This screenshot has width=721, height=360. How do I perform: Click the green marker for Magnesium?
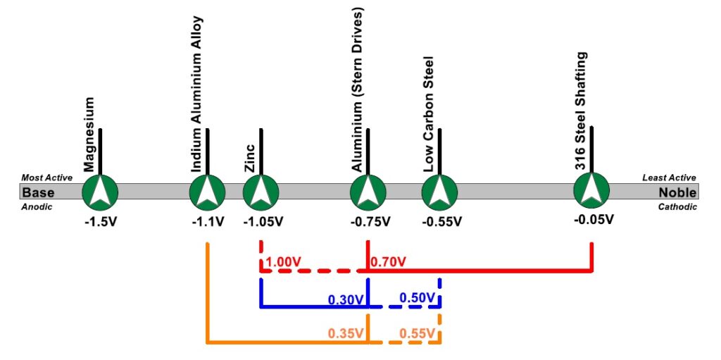[100, 191]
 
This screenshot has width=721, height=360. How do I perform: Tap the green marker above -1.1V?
[208, 191]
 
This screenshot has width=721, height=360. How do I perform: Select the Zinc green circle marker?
[261, 191]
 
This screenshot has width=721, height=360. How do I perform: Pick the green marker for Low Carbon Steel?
[440, 191]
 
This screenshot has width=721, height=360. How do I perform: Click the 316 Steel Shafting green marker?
[591, 191]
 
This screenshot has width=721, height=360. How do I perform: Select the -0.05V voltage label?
[594, 219]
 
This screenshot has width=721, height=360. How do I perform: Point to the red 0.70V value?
[388, 263]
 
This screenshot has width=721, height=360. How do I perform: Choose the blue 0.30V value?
[346, 299]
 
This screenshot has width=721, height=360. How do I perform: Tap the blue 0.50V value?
[418, 298]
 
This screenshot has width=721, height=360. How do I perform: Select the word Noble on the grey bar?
[677, 192]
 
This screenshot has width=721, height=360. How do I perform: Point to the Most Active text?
[48, 178]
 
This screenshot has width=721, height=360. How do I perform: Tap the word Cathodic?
[677, 207]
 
